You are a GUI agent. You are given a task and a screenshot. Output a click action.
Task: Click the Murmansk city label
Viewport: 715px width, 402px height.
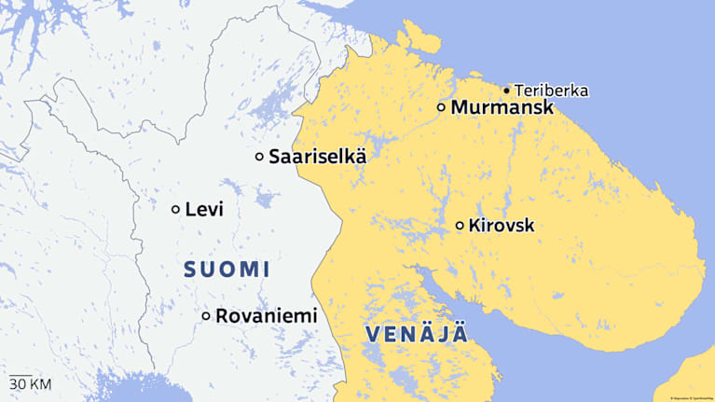[502, 108]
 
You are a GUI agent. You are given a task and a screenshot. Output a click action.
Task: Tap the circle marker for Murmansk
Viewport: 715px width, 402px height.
[441, 107]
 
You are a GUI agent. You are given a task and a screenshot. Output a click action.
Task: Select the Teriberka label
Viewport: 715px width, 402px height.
[551, 90]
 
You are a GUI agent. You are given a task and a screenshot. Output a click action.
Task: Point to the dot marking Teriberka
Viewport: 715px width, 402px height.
[506, 90]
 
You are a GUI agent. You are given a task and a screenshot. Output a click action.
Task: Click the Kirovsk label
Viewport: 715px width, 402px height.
[502, 226]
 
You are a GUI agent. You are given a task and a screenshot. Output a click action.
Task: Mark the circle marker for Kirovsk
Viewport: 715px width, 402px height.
[460, 226]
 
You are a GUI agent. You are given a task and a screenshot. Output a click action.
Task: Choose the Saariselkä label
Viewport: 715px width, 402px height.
[317, 157]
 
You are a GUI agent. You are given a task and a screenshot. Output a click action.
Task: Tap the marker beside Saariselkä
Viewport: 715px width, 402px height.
[259, 157]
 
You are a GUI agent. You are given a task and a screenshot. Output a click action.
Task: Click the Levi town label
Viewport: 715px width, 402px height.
[204, 210]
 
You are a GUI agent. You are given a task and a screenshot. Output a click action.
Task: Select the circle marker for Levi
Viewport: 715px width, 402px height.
[175, 210]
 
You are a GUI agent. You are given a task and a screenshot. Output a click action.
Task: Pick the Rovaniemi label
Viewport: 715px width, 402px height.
[266, 316]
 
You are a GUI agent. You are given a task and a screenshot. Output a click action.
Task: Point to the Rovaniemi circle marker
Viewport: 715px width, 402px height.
[206, 316]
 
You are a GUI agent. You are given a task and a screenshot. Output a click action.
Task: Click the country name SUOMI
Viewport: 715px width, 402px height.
[227, 270]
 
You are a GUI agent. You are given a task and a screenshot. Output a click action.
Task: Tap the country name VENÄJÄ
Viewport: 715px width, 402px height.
[416, 335]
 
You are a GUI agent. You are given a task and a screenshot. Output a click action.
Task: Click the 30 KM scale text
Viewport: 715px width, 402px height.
[30, 383]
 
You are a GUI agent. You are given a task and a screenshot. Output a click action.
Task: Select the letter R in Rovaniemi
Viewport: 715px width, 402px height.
[222, 316]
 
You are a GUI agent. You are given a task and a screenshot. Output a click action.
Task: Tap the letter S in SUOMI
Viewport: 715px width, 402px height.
[190, 270]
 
